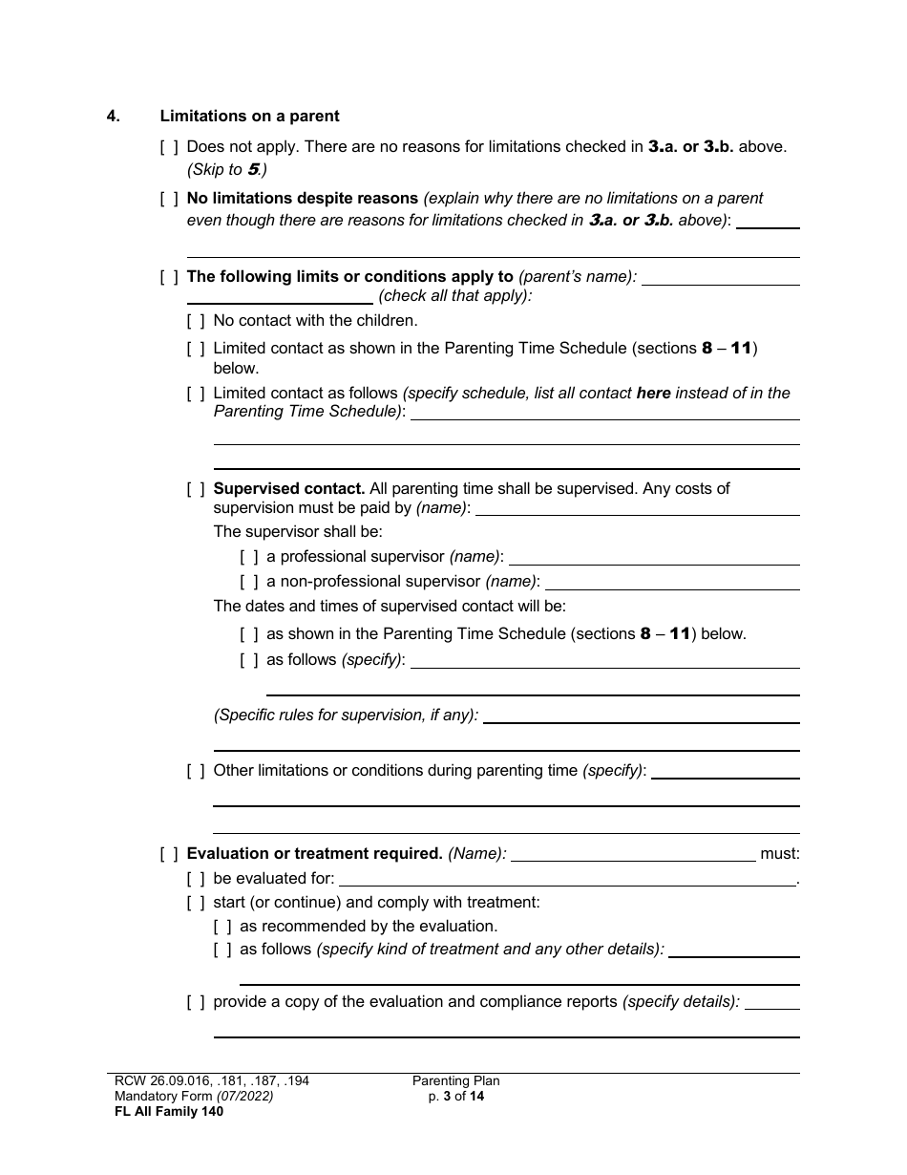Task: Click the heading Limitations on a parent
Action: click(x=249, y=117)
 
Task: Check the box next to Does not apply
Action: click(x=169, y=147)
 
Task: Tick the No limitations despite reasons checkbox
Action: click(x=169, y=199)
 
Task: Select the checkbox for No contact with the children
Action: click(x=196, y=321)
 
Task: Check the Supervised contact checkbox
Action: click(x=196, y=489)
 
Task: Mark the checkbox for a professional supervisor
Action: click(x=249, y=557)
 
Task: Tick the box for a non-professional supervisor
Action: click(x=249, y=582)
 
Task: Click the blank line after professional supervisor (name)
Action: click(x=654, y=559)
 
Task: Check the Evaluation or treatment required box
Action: click(x=169, y=854)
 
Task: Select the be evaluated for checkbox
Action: click(x=196, y=879)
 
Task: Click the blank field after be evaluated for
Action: click(x=567, y=881)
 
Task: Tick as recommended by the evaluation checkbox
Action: click(x=222, y=927)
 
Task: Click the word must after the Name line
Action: click(x=780, y=854)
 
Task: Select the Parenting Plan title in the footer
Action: click(x=455, y=1081)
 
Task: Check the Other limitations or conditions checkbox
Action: click(x=196, y=771)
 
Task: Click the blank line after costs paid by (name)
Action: click(x=637, y=510)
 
